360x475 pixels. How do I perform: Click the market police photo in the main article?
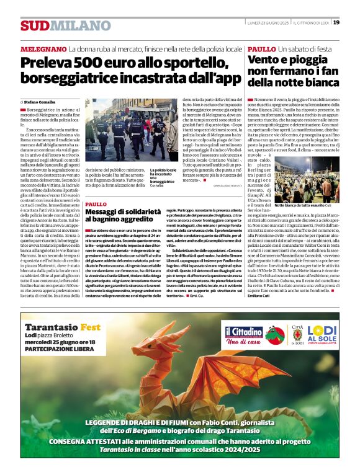[x=125, y=130]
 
